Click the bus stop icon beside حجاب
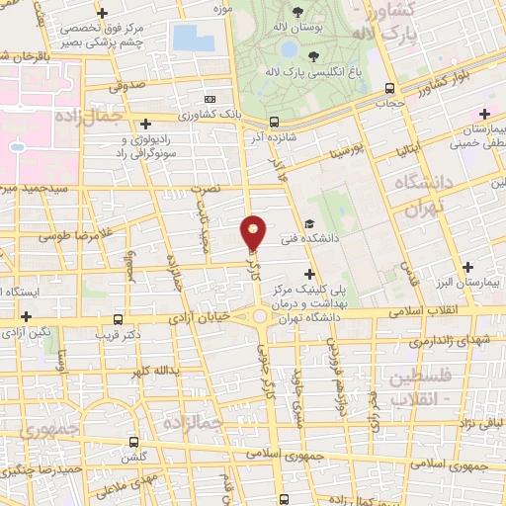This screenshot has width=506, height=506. click(x=389, y=86)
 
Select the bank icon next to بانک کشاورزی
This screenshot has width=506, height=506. click(x=209, y=99)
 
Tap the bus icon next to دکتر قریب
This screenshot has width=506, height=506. click(x=120, y=319)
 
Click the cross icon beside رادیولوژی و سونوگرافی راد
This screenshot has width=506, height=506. click(x=146, y=124)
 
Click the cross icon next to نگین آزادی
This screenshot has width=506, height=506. click(x=27, y=315)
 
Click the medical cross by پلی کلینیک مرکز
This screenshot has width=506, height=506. click(x=310, y=273)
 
